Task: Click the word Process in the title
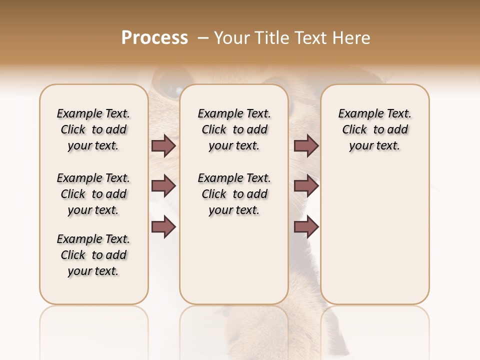[x=154, y=38]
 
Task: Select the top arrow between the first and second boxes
[x=163, y=146]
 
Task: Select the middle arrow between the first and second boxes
[x=163, y=186]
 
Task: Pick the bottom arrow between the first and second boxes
[x=163, y=226]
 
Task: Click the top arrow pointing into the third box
[x=306, y=146]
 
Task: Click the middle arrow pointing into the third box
[x=306, y=186]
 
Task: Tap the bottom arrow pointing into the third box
[x=306, y=226]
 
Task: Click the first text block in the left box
[x=93, y=129]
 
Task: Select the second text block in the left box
[x=93, y=194]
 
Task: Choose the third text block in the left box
[x=93, y=255]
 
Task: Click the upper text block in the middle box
[x=234, y=129]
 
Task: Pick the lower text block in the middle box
[x=234, y=194]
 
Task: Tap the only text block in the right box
[x=374, y=129]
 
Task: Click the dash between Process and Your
[x=202, y=38]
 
